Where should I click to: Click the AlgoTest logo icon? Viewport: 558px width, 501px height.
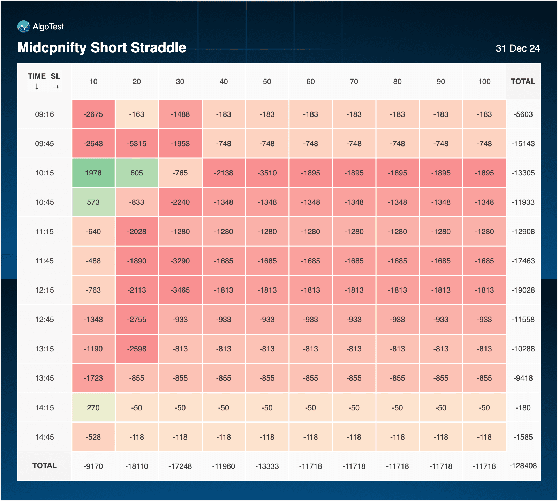[23, 27]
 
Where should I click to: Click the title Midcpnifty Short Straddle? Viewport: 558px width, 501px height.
[102, 48]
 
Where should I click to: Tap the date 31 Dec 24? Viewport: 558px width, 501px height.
[518, 48]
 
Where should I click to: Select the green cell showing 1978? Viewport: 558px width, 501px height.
[93, 173]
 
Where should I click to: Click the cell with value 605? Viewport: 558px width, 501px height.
[137, 173]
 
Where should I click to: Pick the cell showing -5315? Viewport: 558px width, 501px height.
[137, 144]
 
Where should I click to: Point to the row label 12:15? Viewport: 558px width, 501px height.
[44, 290]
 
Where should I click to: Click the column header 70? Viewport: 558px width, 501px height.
[354, 82]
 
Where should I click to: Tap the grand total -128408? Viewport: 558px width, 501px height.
[523, 466]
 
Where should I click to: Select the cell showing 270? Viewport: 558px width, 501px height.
[93, 408]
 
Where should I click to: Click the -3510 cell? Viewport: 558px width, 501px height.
[267, 173]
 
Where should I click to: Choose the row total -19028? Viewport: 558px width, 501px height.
[523, 290]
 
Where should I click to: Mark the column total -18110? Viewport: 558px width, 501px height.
[137, 466]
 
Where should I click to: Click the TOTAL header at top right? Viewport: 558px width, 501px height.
[523, 82]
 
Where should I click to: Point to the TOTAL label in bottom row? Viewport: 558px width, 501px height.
[44, 466]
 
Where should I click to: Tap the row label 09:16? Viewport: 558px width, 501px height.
[44, 114]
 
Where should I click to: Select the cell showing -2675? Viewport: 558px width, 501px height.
[93, 114]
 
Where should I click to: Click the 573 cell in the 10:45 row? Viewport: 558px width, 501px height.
[93, 202]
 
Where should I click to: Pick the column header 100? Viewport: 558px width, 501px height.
[484, 82]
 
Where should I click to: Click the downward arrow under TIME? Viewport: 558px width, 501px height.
[37, 87]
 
